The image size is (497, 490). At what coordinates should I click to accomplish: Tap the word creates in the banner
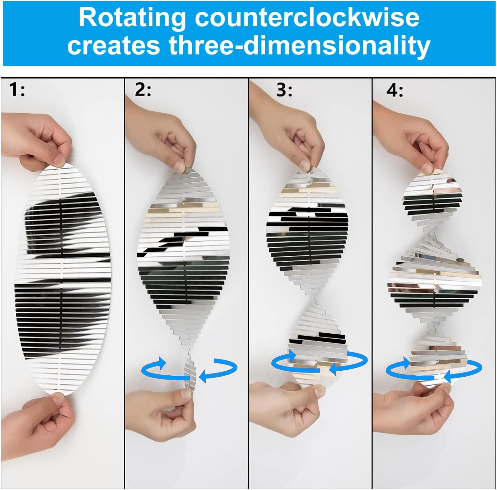click(x=114, y=46)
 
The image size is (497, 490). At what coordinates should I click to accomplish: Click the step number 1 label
click(x=17, y=90)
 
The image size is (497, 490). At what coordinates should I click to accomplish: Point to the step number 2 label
click(x=143, y=90)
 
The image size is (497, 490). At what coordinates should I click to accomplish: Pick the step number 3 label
click(x=284, y=90)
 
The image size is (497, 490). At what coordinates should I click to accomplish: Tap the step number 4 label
click(x=395, y=90)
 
